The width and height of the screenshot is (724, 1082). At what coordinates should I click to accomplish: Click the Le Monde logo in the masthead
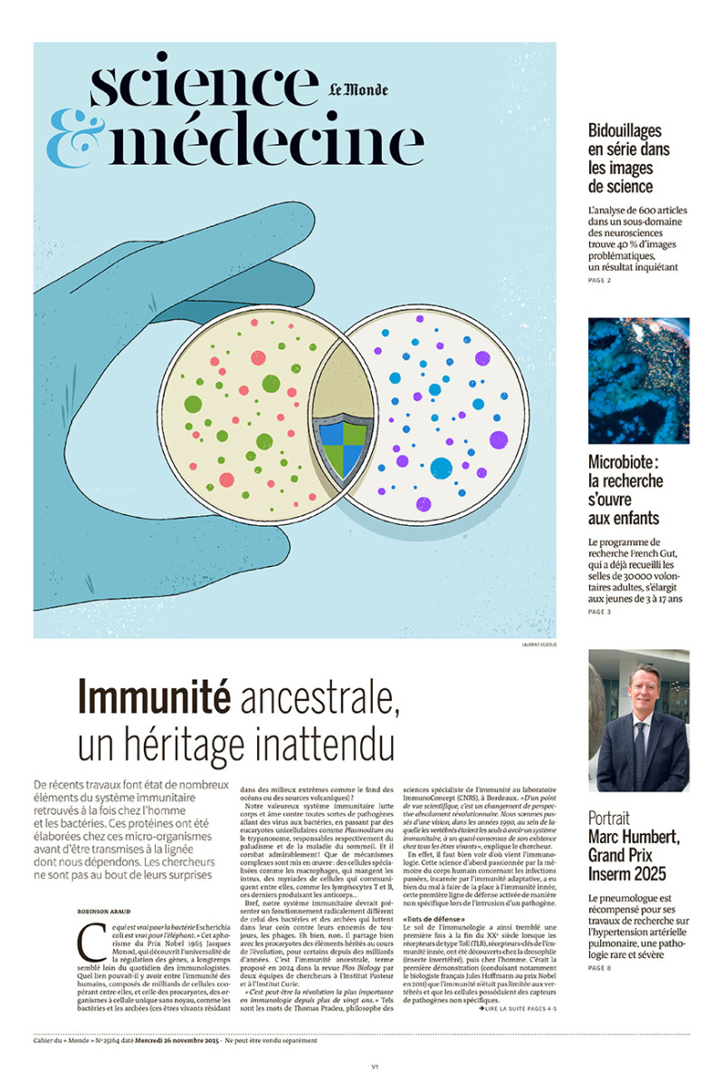(x=357, y=90)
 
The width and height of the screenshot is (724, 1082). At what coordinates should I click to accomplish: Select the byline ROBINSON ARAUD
(x=110, y=909)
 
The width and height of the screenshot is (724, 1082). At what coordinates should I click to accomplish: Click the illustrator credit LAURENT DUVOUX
(x=538, y=645)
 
